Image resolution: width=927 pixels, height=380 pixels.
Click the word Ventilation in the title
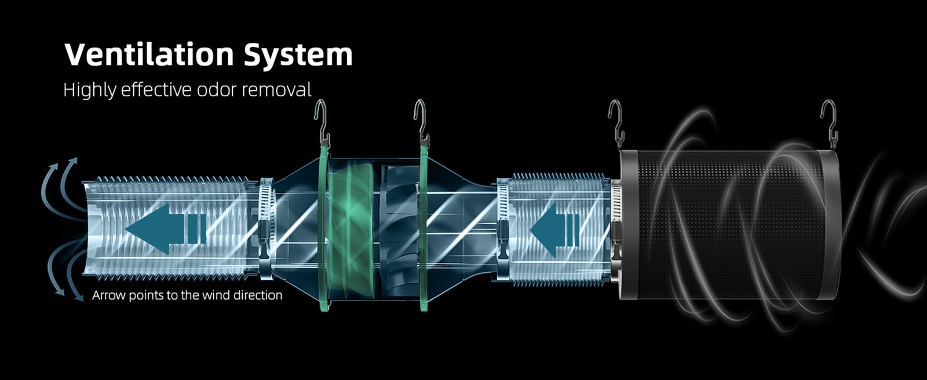[149, 54]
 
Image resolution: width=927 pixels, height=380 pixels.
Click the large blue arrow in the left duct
[166, 228]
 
